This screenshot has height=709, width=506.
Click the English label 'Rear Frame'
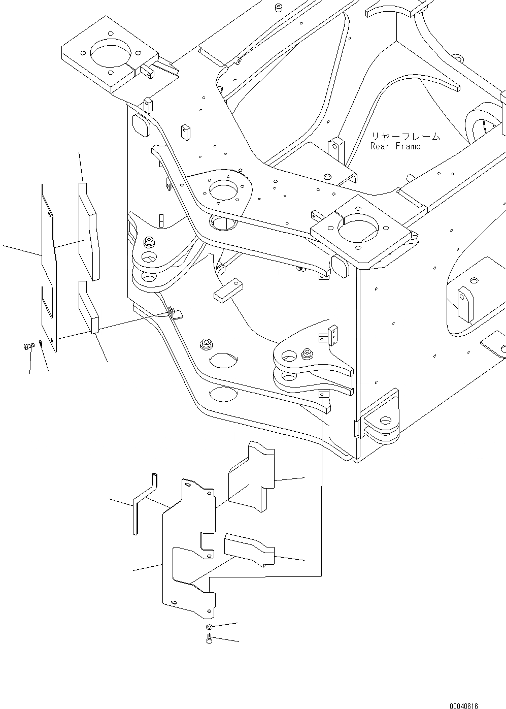[x=395, y=146]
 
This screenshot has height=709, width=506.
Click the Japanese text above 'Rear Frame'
[x=404, y=136]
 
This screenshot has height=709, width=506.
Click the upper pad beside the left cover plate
[x=89, y=231]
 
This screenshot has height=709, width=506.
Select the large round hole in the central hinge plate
[x=222, y=190]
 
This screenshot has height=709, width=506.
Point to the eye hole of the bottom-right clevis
[x=387, y=421]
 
